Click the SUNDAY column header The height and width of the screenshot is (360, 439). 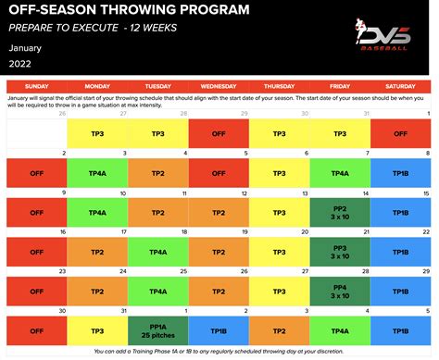(x=36, y=85)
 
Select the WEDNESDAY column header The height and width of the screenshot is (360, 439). (x=218, y=85)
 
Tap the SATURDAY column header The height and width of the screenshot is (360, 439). (x=400, y=85)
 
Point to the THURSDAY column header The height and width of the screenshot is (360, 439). (x=278, y=85)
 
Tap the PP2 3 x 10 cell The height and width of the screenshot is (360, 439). (x=339, y=212)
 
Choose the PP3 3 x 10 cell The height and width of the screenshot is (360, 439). (x=339, y=252)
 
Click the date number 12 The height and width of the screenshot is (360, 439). (x=245, y=192)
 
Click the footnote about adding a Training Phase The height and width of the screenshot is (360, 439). (x=219, y=351)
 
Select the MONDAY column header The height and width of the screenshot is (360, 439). (x=96, y=85)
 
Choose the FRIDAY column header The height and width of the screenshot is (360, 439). (x=339, y=85)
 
